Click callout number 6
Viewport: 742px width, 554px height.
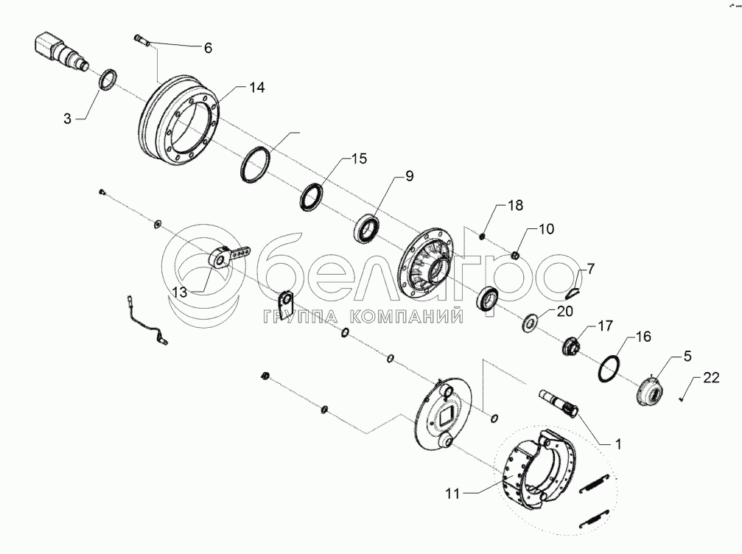(x=208, y=48)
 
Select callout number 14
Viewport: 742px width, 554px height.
(x=257, y=88)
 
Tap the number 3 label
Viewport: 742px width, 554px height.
(x=67, y=119)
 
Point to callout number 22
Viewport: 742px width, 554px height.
(x=711, y=377)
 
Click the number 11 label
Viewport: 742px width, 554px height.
(x=452, y=494)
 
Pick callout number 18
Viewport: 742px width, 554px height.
(x=515, y=206)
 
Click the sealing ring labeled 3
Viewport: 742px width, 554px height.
(x=108, y=79)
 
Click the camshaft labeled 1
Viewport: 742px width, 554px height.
(x=559, y=403)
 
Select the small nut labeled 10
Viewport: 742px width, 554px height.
(x=516, y=256)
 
